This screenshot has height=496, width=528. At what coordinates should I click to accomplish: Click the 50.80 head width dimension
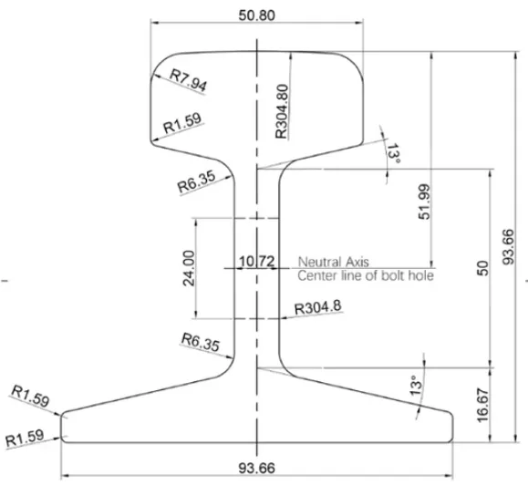point(256,15)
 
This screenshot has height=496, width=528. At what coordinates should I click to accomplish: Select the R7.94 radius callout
point(188,80)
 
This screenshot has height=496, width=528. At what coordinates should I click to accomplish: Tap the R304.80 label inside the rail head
point(282,111)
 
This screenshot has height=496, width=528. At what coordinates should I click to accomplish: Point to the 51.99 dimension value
point(424,201)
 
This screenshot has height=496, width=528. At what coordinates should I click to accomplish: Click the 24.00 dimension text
point(189,268)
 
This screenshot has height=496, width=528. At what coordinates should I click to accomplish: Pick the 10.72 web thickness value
point(256,262)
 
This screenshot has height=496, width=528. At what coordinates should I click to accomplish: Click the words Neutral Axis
point(334,262)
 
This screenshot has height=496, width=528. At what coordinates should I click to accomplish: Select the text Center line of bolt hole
point(366,275)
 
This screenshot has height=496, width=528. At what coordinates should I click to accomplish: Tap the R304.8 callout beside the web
point(318,306)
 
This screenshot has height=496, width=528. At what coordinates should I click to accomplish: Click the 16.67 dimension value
point(482,405)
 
